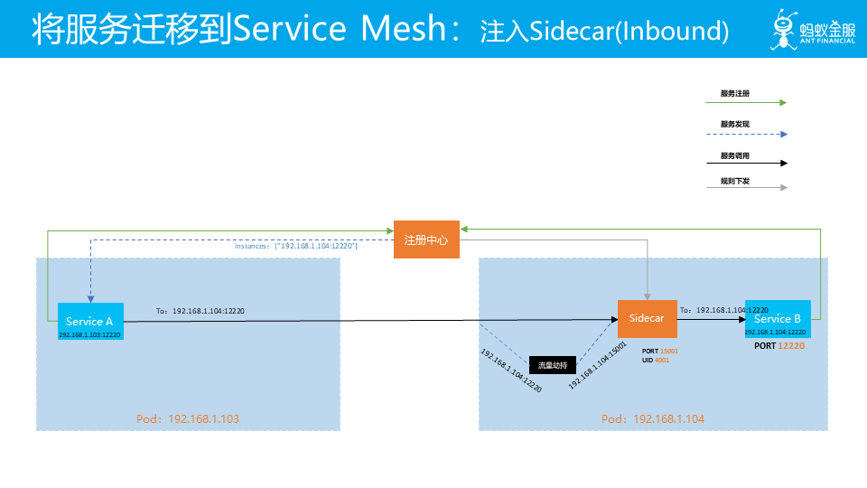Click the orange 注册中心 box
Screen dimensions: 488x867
427,240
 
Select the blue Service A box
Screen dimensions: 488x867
89,322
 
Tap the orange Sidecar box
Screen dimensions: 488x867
647,319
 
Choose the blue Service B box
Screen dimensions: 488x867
778,319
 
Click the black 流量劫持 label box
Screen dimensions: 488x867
552,365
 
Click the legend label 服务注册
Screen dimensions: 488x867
734,93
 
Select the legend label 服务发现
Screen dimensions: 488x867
734,124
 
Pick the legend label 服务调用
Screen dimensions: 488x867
734,155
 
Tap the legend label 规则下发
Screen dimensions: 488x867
734,181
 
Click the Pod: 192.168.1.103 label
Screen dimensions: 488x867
188,419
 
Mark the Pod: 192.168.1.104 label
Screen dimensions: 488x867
653,419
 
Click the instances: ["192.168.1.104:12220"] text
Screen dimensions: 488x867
296,246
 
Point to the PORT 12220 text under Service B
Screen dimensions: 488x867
778,345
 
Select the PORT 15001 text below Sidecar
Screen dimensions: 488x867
659,351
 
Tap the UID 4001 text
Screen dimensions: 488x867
657,361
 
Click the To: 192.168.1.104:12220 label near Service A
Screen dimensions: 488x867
200,311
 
